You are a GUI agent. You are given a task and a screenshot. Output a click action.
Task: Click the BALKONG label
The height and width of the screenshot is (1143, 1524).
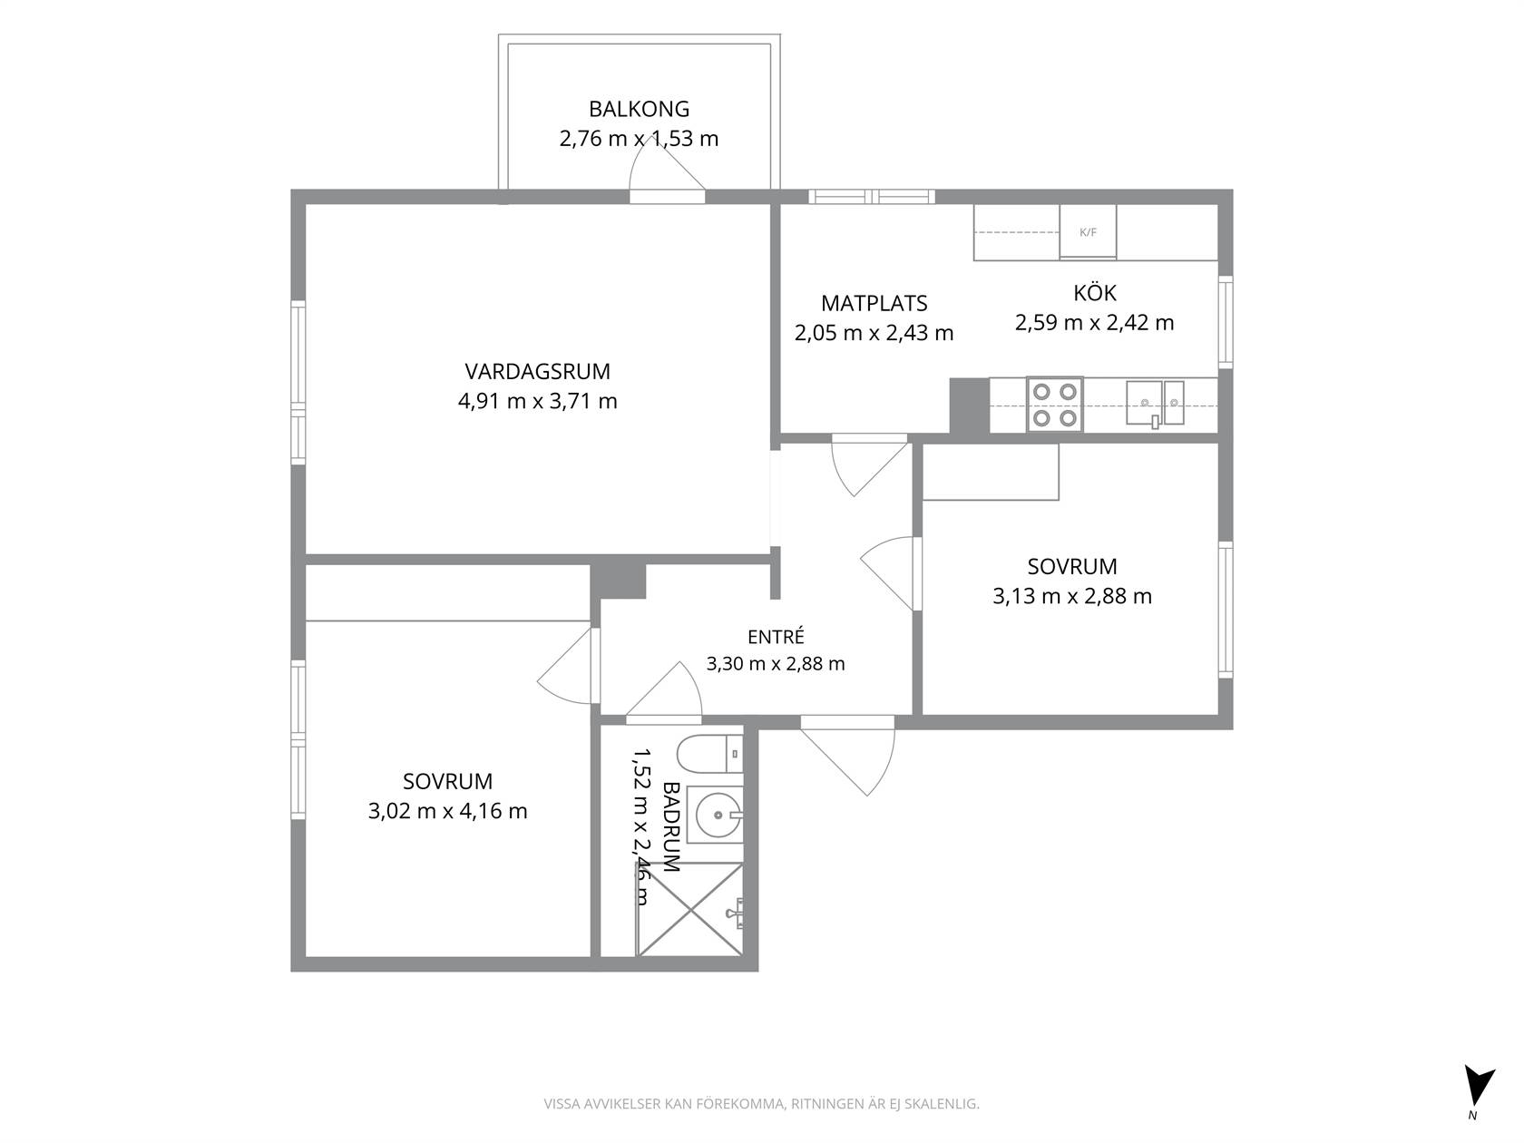[x=639, y=109]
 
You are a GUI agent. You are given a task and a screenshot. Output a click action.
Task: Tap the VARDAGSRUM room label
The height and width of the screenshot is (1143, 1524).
[x=537, y=371]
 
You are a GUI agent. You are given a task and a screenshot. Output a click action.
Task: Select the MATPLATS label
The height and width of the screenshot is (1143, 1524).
[x=874, y=303]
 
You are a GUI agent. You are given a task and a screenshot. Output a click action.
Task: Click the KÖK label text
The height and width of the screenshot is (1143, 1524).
[x=1094, y=292]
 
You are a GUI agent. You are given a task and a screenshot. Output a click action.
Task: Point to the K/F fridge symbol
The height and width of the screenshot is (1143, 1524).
[x=1088, y=232]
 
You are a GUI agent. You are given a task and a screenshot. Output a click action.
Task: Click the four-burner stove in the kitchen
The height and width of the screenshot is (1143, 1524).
[x=1055, y=404]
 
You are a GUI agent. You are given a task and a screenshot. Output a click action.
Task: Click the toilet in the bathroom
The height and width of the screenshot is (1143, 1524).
[x=709, y=755]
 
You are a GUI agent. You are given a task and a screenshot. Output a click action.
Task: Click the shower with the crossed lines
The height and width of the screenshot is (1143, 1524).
[x=690, y=909]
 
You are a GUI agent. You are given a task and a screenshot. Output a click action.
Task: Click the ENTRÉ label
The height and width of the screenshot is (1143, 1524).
[x=776, y=637]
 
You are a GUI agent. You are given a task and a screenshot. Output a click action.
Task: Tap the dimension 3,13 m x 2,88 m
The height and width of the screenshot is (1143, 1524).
[x=1072, y=596]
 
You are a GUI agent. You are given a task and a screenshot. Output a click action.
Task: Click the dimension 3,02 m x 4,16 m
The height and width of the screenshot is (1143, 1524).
[x=448, y=811]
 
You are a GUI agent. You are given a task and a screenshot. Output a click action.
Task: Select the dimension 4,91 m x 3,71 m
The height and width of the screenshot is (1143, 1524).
[x=537, y=401]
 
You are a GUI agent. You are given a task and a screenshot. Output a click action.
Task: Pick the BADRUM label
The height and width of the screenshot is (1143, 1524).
[x=671, y=826]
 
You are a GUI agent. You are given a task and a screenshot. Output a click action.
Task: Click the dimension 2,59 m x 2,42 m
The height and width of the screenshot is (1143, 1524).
[x=1094, y=323]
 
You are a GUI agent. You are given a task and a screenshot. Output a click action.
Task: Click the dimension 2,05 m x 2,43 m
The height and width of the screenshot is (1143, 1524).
[x=874, y=333]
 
